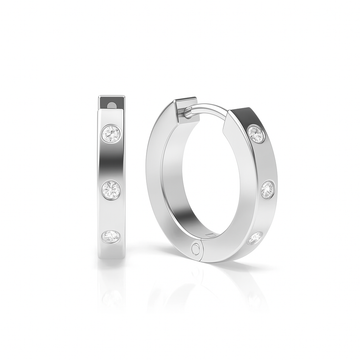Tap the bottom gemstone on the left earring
[x=111, y=235]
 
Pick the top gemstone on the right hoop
[x=257, y=133]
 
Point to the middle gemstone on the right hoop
[x=267, y=189]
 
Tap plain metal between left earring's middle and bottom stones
[x=111, y=211]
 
